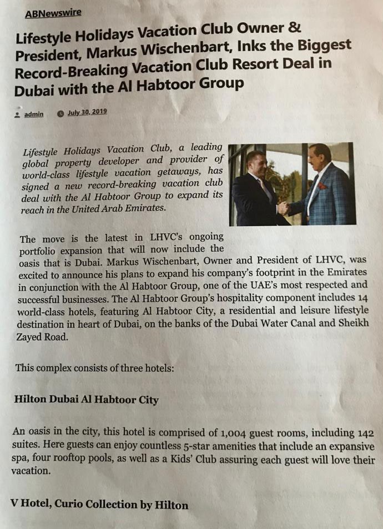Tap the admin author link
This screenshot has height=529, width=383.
pos(34,114)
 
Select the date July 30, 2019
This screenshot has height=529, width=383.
pos(87,112)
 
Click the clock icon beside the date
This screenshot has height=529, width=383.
pos(60,113)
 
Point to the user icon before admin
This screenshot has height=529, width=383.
pos(18,114)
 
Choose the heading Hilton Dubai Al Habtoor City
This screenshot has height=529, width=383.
pos(86,400)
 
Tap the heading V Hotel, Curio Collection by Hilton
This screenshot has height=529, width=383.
pos(99,505)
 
